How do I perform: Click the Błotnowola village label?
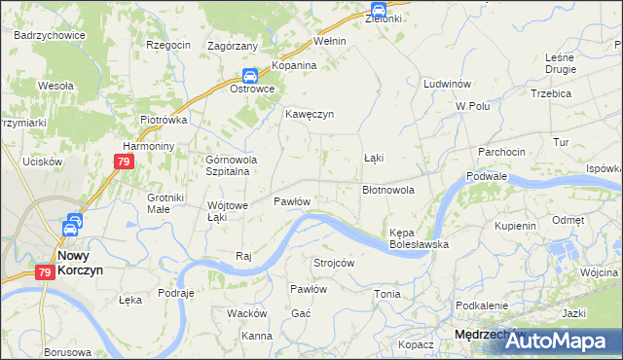tap(388, 191)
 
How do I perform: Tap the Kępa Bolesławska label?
tap(418, 239)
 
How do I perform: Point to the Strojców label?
tap(333, 263)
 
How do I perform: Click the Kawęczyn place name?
tap(310, 114)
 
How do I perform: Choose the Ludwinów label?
tap(447, 85)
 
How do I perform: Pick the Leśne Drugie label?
tap(561, 63)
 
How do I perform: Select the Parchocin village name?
tap(501, 152)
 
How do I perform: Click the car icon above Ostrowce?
tap(250, 75)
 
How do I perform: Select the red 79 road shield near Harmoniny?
tap(122, 163)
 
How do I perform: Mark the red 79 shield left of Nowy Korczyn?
tap(45, 274)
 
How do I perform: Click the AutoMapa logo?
tap(564, 340)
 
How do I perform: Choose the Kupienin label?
tap(515, 226)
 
